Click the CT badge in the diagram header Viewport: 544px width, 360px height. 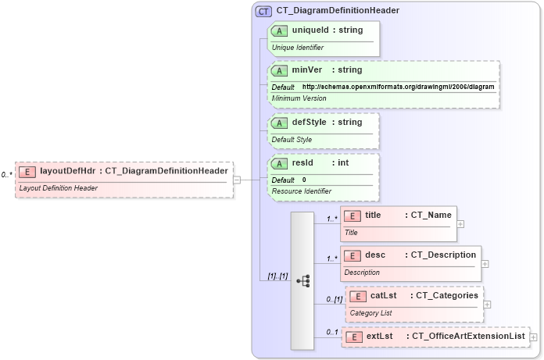click(263, 11)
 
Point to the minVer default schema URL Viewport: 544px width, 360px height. click(398, 87)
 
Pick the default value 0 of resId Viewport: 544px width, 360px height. click(304, 180)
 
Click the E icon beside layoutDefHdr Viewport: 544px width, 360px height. click(27, 172)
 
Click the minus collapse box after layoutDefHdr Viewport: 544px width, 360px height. click(237, 180)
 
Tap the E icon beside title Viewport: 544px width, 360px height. click(353, 216)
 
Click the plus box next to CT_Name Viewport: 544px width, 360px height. click(460, 223)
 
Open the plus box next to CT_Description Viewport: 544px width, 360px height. click(485, 263)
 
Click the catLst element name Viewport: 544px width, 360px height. click(384, 296)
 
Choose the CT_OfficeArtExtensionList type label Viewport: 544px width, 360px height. click(467, 336)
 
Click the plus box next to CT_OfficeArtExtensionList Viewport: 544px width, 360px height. click(535, 337)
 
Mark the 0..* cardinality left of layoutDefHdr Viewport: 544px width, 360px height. click(7, 175)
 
